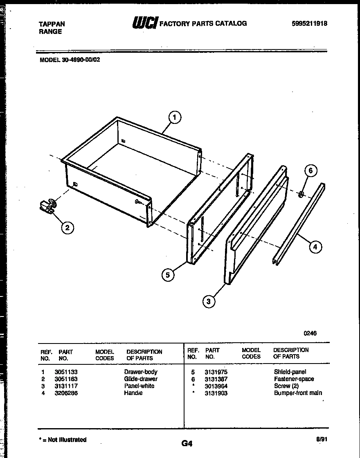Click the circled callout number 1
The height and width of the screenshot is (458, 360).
[175, 118]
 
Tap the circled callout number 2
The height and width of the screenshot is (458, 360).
[68, 228]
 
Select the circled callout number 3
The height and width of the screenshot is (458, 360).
[209, 302]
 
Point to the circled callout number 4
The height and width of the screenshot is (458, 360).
[315, 247]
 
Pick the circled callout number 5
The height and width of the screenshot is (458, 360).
[168, 275]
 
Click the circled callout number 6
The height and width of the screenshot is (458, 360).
[310, 171]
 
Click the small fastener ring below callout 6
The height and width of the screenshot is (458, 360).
[301, 193]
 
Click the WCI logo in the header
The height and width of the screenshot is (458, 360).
[144, 23]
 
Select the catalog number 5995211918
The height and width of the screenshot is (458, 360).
[309, 24]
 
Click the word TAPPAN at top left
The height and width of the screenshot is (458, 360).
[52, 24]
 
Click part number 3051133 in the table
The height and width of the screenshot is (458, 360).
[66, 372]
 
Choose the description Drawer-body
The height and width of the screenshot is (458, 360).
[141, 372]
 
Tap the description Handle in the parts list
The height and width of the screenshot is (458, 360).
[133, 393]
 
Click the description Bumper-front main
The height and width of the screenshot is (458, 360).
[298, 393]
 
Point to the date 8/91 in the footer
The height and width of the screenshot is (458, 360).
[322, 440]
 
